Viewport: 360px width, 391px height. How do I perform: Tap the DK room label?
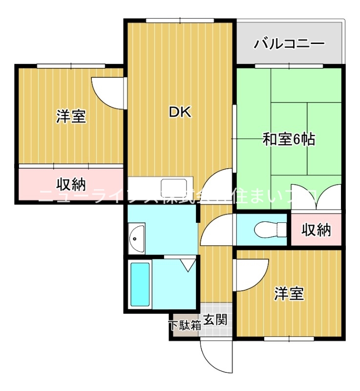(180, 112)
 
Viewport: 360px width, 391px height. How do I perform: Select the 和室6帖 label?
(289, 140)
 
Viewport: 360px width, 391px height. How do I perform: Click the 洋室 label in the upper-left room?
(71, 116)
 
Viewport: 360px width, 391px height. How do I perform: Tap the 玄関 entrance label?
(215, 321)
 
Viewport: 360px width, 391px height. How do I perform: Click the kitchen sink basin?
(174, 186)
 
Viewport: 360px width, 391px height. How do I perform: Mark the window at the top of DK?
(180, 21)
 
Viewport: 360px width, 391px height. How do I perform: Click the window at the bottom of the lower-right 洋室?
(288, 338)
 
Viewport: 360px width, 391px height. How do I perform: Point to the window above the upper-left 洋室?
(71, 65)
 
